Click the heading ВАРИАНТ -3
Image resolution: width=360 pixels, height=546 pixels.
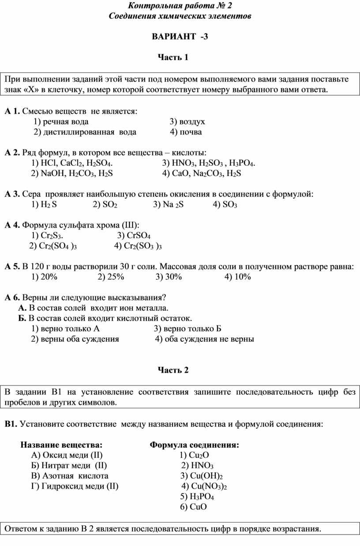180,37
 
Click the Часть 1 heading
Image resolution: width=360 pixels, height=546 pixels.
173,57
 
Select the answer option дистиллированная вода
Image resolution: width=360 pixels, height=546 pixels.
85,132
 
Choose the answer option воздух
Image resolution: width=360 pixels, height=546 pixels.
187,121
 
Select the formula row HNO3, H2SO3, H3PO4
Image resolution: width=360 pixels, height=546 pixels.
209,164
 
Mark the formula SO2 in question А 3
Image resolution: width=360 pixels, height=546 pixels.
105,205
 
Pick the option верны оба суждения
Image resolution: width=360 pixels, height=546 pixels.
75,339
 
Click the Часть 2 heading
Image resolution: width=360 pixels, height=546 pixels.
173,370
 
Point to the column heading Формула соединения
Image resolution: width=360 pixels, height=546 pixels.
195,445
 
